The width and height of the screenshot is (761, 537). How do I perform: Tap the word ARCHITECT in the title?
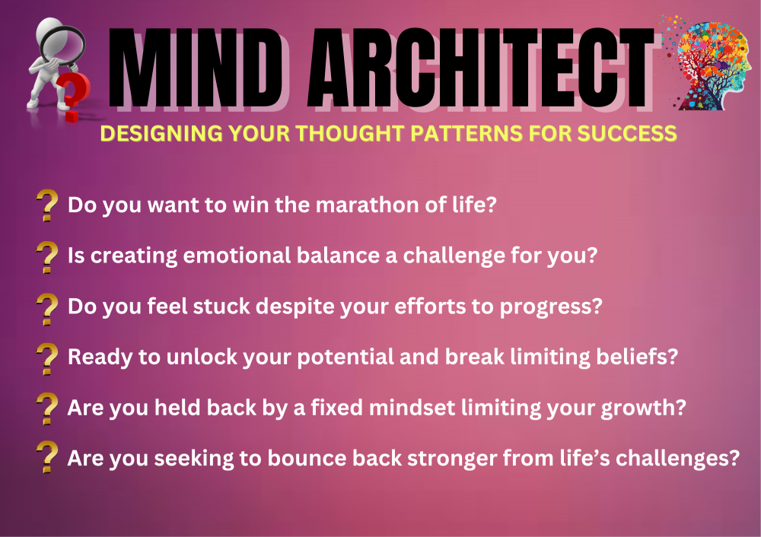click(x=480, y=68)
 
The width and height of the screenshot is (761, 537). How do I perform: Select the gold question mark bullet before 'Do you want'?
click(x=47, y=205)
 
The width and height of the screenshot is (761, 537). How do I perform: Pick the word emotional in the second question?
click(x=237, y=256)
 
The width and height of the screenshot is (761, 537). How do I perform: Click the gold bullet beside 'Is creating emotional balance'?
click(x=47, y=257)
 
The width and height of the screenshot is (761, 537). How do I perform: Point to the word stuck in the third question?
click(x=221, y=307)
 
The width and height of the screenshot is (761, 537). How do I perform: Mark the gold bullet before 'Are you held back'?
click(x=47, y=408)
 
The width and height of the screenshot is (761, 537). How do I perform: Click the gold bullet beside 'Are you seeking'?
click(x=47, y=457)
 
